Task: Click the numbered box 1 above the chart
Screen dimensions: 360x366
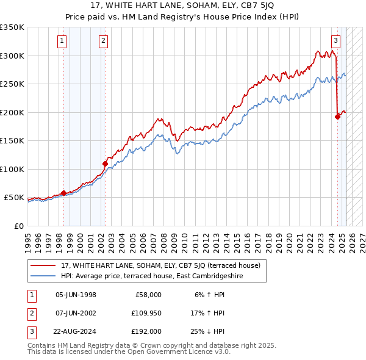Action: coord(63,41)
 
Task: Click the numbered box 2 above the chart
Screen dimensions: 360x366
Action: coord(103,41)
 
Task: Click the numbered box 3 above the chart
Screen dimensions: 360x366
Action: coord(335,41)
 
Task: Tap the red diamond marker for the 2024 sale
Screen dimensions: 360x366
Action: coord(337,117)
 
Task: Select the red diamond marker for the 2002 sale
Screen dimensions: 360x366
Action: coord(106,164)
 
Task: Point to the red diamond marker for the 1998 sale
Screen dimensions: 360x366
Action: coord(64,193)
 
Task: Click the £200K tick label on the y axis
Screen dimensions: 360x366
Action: coord(12,112)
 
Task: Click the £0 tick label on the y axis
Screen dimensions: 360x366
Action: coord(18,226)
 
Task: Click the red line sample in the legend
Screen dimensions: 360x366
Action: coord(43,265)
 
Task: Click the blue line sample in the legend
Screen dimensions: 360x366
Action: coord(43,276)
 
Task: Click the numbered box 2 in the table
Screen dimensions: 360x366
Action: coord(31,313)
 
